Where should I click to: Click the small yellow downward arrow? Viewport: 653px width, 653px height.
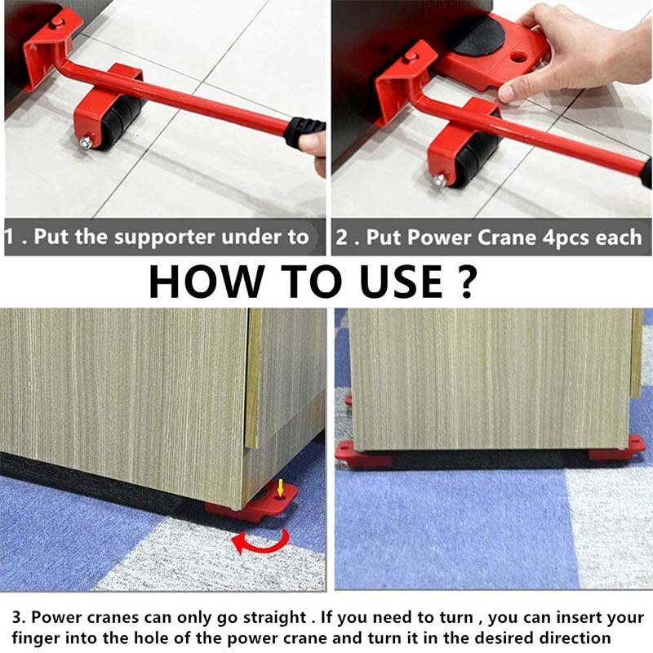click(281, 489)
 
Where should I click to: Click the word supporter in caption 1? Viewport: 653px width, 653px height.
click(187, 238)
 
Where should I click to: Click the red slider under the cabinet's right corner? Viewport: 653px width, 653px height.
click(620, 448)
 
